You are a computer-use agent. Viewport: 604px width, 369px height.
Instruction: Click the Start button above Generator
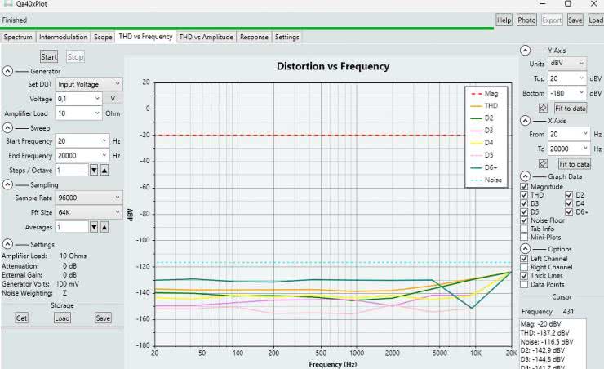(x=49, y=56)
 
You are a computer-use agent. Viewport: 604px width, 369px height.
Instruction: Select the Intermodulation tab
(x=64, y=37)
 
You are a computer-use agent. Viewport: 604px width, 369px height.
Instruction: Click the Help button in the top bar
(x=504, y=20)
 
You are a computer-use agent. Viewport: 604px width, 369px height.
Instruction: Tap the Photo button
(x=526, y=20)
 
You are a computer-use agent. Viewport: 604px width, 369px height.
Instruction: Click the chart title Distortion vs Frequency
(x=332, y=66)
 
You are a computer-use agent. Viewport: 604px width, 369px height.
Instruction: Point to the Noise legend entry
(x=492, y=180)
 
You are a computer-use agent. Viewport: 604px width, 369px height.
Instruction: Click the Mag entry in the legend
(x=491, y=93)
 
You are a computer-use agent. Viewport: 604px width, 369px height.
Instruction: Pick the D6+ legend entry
(x=492, y=167)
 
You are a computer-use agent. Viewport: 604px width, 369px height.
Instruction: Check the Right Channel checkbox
(x=526, y=267)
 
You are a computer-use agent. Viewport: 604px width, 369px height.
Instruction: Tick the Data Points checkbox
(x=526, y=285)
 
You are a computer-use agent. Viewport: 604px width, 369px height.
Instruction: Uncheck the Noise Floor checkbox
(x=526, y=220)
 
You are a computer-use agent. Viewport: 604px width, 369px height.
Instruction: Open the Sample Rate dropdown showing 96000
(x=88, y=198)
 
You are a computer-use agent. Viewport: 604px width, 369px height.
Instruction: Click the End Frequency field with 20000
(x=82, y=155)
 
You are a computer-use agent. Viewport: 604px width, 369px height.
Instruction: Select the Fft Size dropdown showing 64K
(x=88, y=212)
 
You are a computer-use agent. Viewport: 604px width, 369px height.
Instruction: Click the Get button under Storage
(x=22, y=318)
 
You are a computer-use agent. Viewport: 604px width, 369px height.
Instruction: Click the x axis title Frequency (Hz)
(x=332, y=363)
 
